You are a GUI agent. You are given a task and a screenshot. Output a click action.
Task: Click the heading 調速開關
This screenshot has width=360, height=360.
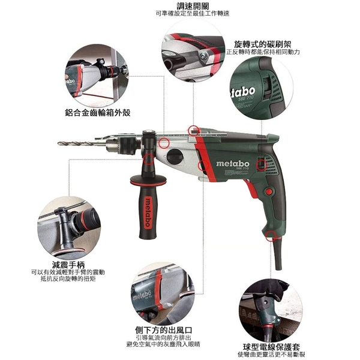(193, 5)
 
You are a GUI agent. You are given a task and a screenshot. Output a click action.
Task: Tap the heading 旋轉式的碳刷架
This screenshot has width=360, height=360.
(263, 44)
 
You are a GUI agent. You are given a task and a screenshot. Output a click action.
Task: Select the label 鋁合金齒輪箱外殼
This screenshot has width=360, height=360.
(98, 113)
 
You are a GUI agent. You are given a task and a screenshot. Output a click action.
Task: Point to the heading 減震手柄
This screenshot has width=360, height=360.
(68, 265)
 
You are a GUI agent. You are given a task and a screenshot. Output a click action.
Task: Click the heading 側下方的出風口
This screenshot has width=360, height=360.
(163, 331)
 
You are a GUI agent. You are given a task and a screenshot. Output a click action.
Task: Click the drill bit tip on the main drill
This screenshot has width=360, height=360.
(58, 143)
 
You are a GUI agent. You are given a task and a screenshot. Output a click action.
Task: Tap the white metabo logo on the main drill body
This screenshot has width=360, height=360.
(233, 164)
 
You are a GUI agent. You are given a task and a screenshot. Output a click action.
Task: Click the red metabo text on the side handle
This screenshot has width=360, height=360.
(148, 212)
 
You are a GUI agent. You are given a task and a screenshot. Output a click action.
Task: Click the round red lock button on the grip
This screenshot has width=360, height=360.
(268, 191)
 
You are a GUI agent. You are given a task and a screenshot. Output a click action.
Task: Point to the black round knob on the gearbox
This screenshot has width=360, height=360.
(175, 157)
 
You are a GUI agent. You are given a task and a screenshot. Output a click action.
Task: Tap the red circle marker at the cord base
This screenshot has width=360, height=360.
(271, 236)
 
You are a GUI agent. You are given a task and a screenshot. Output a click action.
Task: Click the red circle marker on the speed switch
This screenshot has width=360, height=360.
(194, 131)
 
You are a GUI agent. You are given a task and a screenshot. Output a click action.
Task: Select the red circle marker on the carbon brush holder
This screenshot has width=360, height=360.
(262, 165)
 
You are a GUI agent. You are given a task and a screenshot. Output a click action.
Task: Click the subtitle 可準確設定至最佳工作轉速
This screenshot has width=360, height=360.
(193, 14)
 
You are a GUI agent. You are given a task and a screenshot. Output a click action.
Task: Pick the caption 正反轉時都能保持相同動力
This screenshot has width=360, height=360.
(263, 52)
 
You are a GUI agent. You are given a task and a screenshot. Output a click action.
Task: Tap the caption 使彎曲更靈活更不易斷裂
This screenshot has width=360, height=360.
(271, 355)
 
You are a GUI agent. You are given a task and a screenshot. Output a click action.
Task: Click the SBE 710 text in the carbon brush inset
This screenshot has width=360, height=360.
(246, 98)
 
